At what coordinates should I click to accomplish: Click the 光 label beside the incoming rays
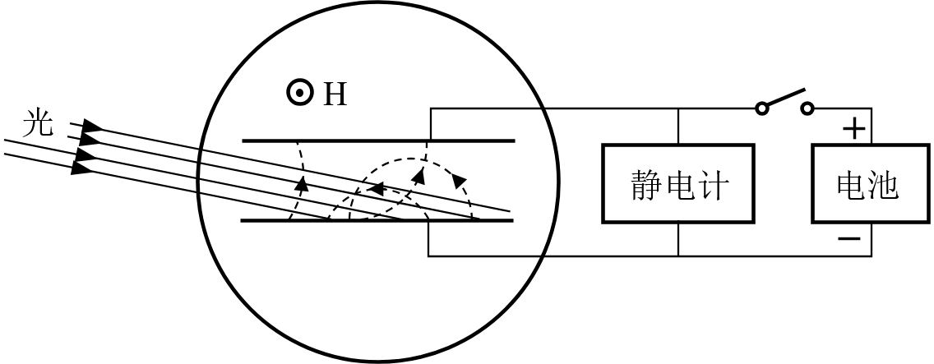tap(38, 123)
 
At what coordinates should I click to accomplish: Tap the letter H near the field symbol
tap(335, 95)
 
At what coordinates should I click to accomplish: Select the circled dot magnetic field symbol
tap(299, 94)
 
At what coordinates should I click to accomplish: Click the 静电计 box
tap(678, 183)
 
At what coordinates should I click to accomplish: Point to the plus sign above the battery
tap(855, 128)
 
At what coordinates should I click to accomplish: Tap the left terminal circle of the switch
tap(762, 108)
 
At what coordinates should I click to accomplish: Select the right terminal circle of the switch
tap(807, 108)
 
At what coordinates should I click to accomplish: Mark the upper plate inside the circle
tap(378, 141)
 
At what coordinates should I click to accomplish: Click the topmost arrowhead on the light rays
tap(93, 127)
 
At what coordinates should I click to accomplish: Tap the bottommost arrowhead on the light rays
tap(81, 168)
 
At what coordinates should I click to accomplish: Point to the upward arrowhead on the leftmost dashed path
tap(302, 182)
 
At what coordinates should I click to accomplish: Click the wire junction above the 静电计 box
tap(678, 108)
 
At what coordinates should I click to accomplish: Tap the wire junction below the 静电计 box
tap(678, 256)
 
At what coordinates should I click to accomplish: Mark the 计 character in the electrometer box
tap(712, 184)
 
